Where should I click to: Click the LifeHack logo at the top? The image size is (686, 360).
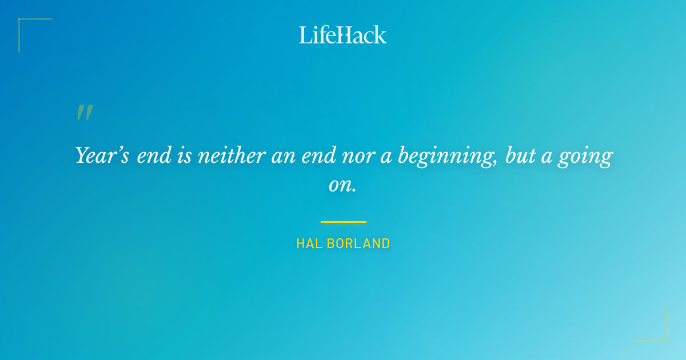point(343,35)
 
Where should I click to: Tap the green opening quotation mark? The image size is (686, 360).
point(85,113)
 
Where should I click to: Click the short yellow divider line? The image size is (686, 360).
point(343,222)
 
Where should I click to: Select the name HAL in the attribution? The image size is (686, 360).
point(308,243)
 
